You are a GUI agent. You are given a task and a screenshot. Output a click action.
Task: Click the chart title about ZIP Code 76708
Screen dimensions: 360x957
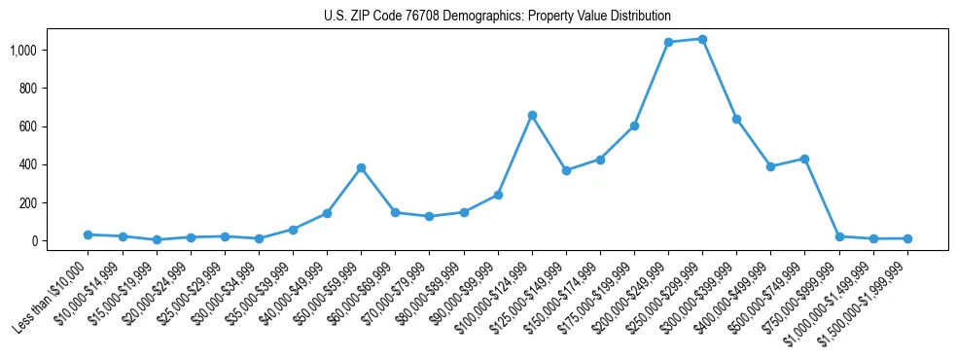click(x=497, y=17)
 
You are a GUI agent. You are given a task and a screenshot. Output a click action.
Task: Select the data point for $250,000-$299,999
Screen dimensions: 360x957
click(x=702, y=39)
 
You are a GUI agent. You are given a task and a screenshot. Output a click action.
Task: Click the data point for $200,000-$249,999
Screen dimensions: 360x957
click(x=668, y=43)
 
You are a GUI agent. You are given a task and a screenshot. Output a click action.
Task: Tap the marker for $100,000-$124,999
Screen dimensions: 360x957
click(x=532, y=115)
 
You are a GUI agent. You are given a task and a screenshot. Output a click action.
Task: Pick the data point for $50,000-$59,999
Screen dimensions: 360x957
click(x=361, y=167)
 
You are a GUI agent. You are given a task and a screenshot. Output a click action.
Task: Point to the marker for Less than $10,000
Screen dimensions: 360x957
click(x=88, y=234)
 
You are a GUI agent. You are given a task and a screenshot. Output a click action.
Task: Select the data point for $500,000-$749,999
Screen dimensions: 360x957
click(x=804, y=159)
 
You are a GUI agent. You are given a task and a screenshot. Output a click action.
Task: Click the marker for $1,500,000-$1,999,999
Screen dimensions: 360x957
click(x=907, y=238)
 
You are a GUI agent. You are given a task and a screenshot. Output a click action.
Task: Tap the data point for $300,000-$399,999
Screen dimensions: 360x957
click(x=736, y=119)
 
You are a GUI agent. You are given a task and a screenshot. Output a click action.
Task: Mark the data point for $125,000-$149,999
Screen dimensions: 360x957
click(x=566, y=170)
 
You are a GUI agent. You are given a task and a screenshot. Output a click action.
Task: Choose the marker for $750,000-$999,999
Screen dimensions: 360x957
click(x=839, y=236)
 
